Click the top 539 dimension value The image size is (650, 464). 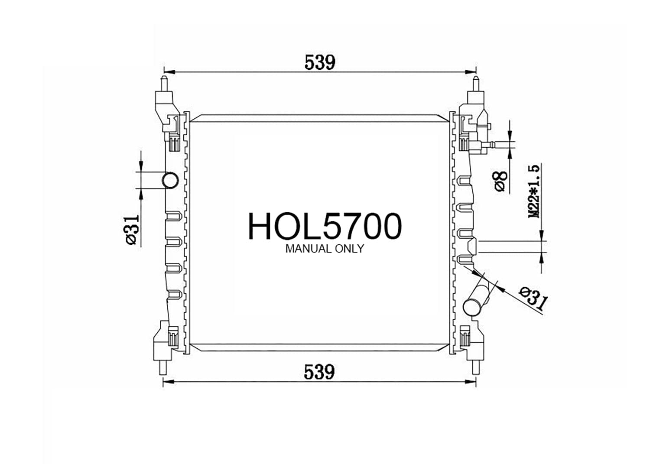click(x=319, y=62)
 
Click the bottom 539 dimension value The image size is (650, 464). click(x=319, y=372)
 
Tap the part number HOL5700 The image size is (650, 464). click(x=325, y=226)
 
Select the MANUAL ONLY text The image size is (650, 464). click(x=325, y=249)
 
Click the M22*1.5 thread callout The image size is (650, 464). click(x=534, y=191)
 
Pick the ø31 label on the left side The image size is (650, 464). click(x=132, y=230)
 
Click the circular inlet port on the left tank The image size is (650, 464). click(x=170, y=181)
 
